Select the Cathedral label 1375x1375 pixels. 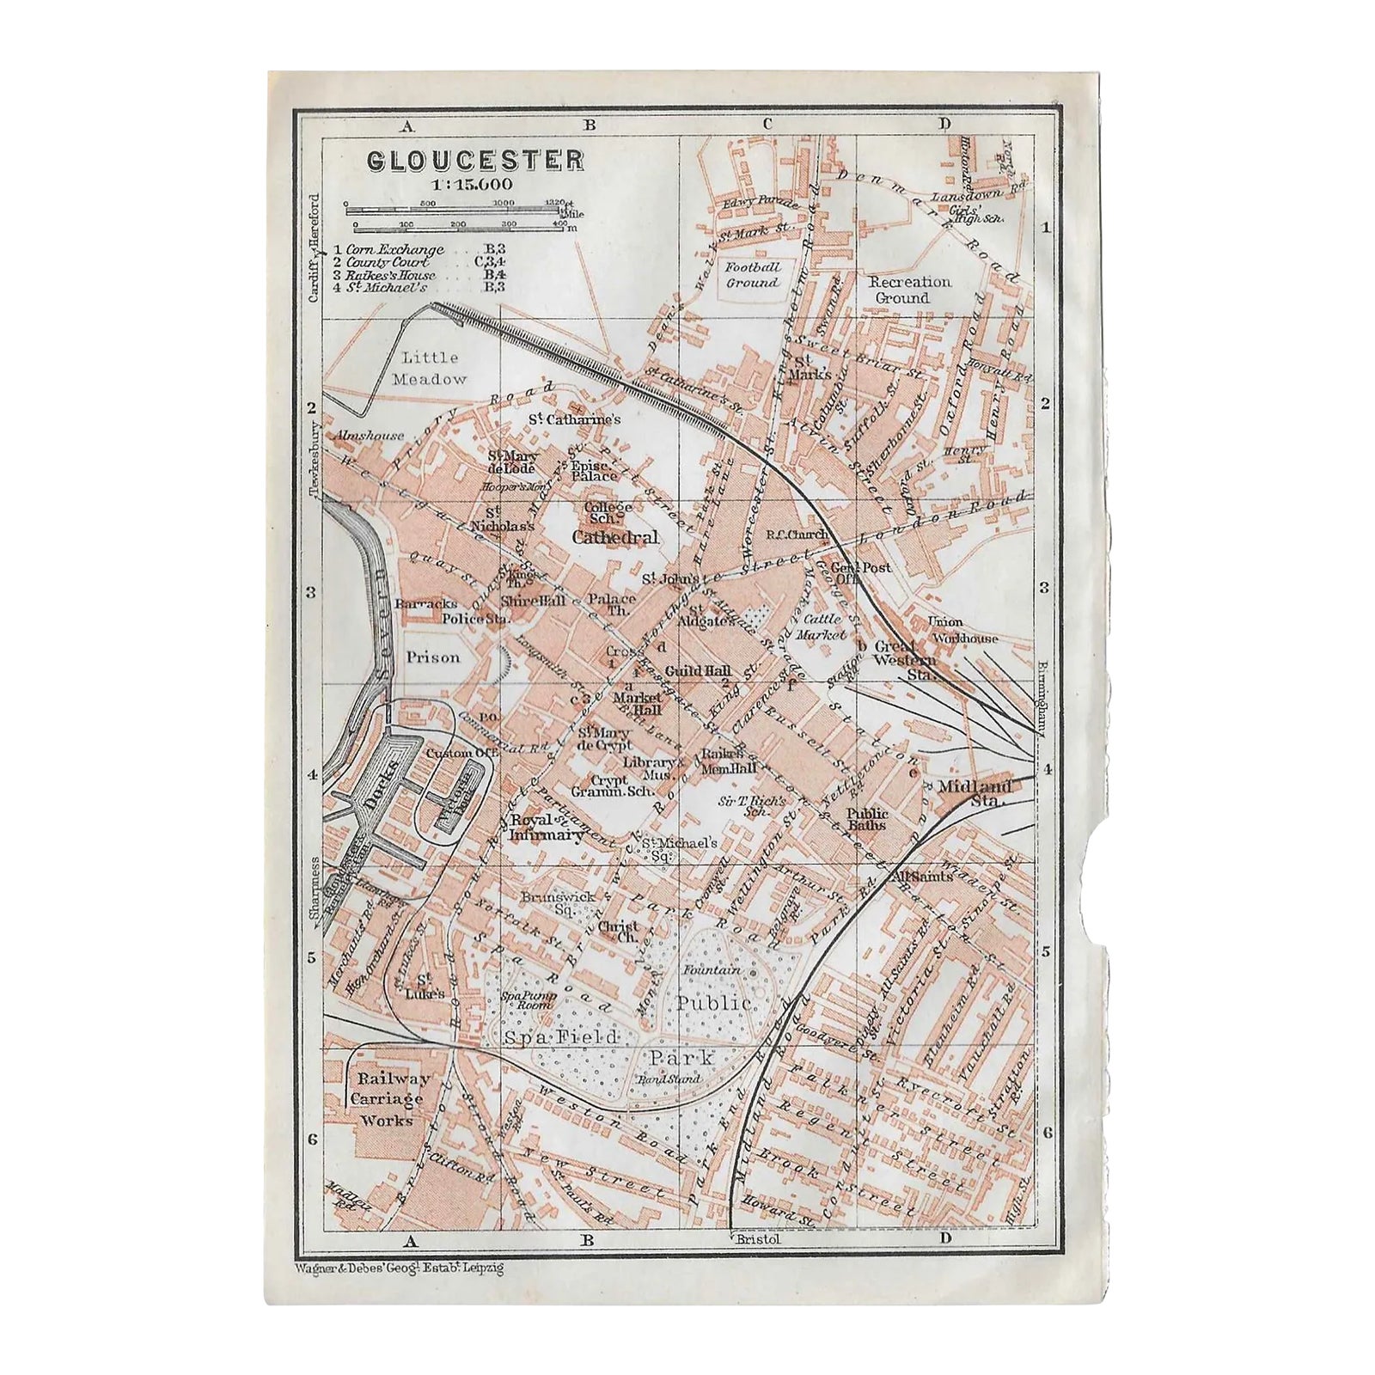pyautogui.click(x=615, y=537)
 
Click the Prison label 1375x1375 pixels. pyautogui.click(x=433, y=657)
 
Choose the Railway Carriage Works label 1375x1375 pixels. pyautogui.click(x=387, y=1099)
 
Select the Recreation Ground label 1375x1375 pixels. pyautogui.click(x=910, y=290)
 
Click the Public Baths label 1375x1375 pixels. pyautogui.click(x=867, y=818)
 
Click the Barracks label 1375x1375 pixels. pyautogui.click(x=425, y=603)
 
